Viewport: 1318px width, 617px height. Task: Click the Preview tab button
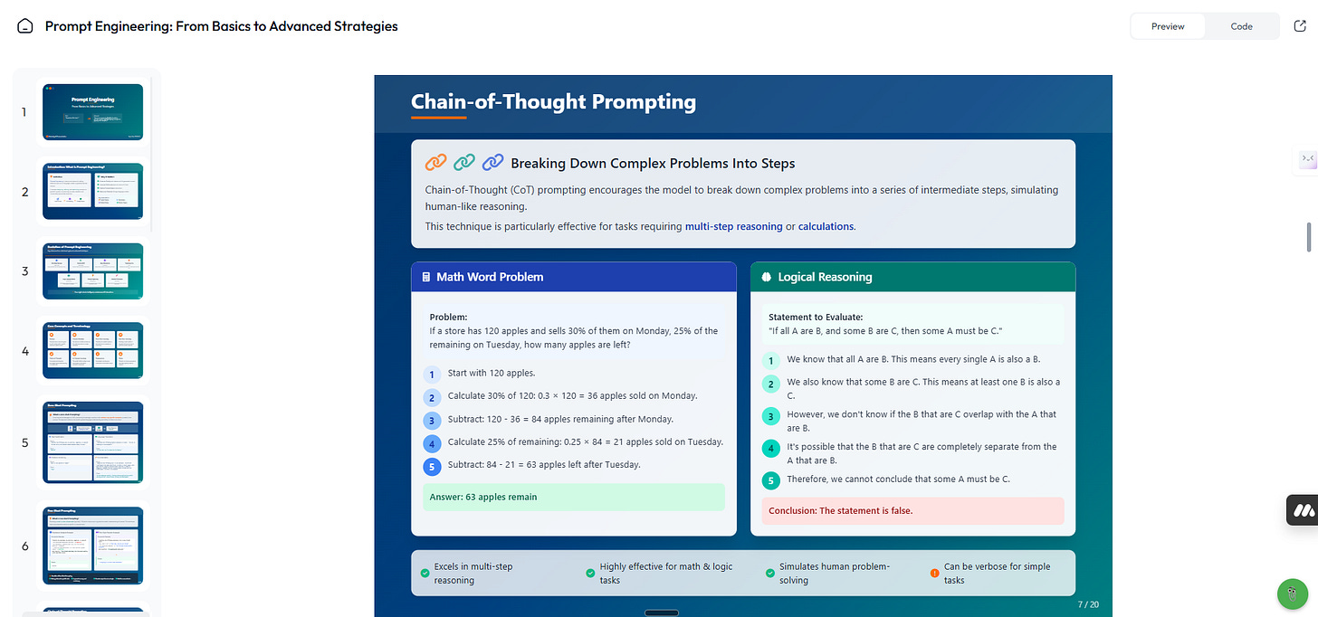[1168, 26]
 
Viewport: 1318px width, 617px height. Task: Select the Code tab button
[1241, 26]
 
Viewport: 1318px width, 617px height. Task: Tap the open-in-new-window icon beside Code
[1300, 26]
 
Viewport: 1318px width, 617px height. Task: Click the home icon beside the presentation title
[25, 26]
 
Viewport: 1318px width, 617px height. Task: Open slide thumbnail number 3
[92, 271]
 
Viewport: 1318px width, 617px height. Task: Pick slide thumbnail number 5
[92, 442]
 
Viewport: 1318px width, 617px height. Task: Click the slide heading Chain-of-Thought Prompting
[553, 101]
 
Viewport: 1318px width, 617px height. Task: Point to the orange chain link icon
[435, 163]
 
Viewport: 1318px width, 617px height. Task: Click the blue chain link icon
[492, 163]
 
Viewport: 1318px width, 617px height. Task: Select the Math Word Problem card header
[574, 277]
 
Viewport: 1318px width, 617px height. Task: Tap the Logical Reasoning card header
[912, 277]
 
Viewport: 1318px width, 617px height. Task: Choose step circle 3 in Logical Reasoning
[771, 416]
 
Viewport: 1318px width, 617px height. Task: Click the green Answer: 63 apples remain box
[574, 497]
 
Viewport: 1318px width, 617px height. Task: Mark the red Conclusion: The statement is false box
[912, 510]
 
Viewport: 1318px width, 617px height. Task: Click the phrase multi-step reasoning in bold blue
[733, 226]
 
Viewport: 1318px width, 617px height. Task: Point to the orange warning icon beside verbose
[935, 573]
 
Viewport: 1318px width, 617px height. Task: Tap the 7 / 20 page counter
[1088, 603]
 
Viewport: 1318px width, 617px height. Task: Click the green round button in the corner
[1292, 594]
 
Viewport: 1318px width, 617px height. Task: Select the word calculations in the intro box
[826, 226]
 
